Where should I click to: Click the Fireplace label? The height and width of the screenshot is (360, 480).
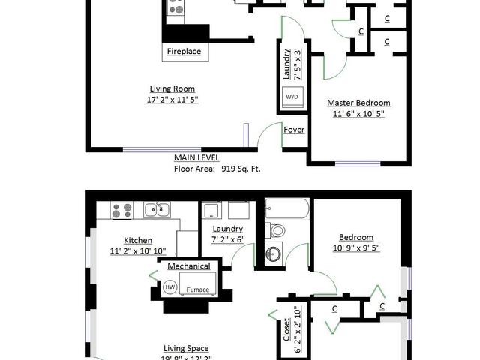click(x=184, y=51)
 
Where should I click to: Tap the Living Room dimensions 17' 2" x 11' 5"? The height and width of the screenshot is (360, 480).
click(x=172, y=100)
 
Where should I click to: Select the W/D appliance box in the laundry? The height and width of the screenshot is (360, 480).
click(x=292, y=97)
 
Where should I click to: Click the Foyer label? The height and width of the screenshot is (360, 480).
click(x=294, y=130)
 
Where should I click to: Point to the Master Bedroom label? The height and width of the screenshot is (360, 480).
click(x=358, y=103)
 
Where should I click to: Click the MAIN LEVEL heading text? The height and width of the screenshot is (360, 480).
click(x=196, y=158)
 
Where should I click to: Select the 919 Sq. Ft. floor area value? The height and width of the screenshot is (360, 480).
click(x=241, y=169)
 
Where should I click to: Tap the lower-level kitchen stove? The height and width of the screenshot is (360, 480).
click(x=121, y=210)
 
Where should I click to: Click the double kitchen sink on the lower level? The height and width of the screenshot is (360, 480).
click(x=157, y=210)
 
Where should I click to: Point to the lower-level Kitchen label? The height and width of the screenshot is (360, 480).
click(x=138, y=240)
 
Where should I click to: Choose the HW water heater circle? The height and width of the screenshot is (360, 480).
click(x=170, y=286)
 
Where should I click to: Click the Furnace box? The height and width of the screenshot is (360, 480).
click(x=197, y=283)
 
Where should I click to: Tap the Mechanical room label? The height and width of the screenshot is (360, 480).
click(x=189, y=266)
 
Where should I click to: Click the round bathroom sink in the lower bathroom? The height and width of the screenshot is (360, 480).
click(x=273, y=253)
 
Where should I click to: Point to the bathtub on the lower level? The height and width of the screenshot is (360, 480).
click(x=287, y=208)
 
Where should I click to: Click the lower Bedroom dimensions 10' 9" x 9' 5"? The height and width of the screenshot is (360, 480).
click(x=356, y=247)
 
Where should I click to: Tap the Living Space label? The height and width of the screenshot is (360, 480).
click(x=186, y=348)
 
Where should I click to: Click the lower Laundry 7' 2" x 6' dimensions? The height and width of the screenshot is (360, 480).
click(x=228, y=239)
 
